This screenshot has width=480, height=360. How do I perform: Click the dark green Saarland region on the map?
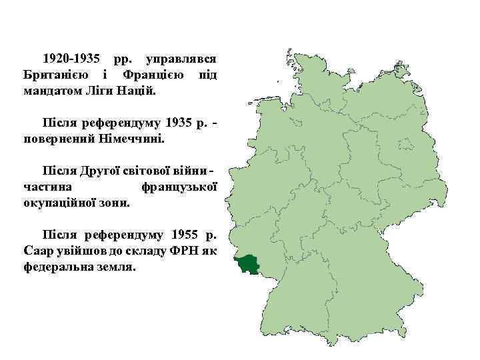click(x=251, y=264)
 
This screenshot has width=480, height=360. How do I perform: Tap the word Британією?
click(x=53, y=73)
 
